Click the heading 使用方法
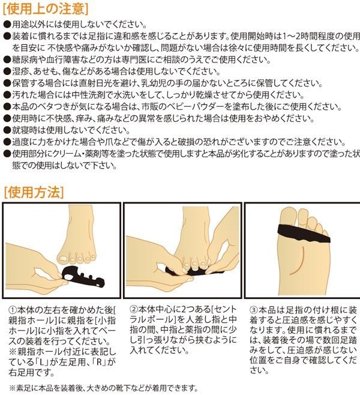(34, 193)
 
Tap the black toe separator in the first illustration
(83, 277)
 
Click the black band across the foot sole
(303, 234)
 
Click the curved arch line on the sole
(299, 262)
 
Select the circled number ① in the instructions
(13, 310)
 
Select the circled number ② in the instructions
(134, 309)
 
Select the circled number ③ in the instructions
(254, 310)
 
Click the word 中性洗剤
(88, 95)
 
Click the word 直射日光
(97, 83)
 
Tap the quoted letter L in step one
(40, 362)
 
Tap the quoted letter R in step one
(99, 362)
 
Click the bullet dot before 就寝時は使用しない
(7, 130)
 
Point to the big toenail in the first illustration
(62, 258)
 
